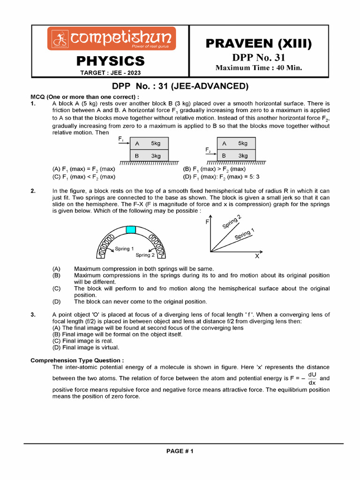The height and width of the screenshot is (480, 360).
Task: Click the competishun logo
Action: pyautogui.click(x=111, y=38)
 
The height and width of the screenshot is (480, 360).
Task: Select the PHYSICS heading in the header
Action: pyautogui.click(x=111, y=61)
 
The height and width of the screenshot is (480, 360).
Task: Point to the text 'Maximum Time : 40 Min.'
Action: pyautogui.click(x=259, y=68)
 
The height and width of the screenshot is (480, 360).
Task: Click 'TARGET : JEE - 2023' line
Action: pyautogui.click(x=110, y=73)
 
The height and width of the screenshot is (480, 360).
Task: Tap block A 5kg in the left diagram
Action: pyautogui.click(x=149, y=143)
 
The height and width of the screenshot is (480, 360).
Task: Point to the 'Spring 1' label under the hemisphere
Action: pyautogui.click(x=124, y=249)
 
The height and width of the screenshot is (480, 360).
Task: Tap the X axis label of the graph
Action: pyautogui.click(x=257, y=256)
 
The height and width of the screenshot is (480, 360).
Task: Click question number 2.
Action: pyautogui.click(x=33, y=191)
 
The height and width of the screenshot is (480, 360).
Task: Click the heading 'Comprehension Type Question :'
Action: pyautogui.click(x=77, y=360)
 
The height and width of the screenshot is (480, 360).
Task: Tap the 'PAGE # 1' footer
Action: pyautogui.click(x=180, y=451)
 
